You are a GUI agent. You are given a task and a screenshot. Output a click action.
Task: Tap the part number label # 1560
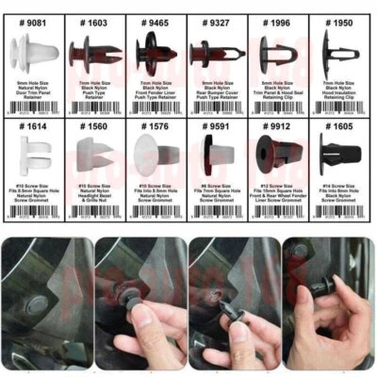[x=92, y=125]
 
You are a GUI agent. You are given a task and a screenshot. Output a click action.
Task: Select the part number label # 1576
[x=155, y=125]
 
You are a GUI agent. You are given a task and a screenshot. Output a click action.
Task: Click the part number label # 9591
[x=216, y=125]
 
